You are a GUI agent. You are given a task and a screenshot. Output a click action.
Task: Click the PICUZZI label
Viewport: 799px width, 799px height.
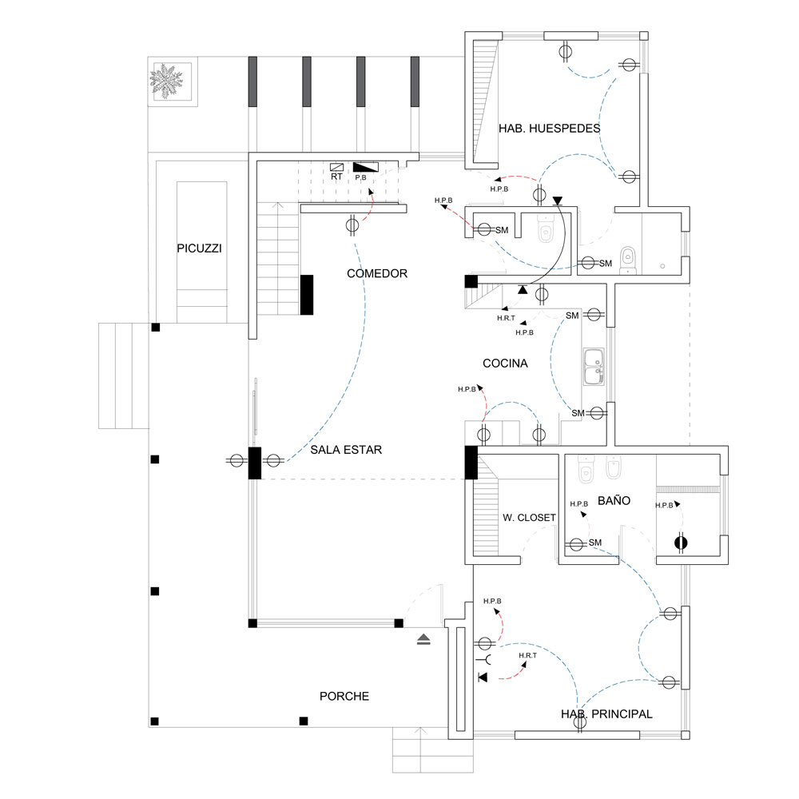(x=199, y=248)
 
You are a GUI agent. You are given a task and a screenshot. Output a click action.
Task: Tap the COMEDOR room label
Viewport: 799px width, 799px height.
(x=377, y=273)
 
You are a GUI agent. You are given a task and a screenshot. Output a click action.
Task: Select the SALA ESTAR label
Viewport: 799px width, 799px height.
(x=346, y=450)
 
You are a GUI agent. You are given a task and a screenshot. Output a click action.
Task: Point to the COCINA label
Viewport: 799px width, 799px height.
(x=505, y=364)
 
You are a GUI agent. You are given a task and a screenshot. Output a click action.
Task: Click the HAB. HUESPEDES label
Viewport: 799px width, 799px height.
(x=550, y=128)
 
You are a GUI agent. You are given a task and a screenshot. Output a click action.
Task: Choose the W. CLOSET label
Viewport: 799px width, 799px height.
(x=529, y=518)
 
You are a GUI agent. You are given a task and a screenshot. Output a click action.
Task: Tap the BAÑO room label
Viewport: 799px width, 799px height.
(x=613, y=501)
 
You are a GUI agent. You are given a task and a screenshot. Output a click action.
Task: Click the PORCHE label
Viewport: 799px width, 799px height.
(x=344, y=696)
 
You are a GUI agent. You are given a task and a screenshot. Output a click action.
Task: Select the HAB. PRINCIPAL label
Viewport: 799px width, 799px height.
(x=606, y=714)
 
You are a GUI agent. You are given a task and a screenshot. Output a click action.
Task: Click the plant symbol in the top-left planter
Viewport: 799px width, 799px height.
(x=167, y=80)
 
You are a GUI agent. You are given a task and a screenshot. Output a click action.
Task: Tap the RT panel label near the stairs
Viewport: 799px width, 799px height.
(x=336, y=177)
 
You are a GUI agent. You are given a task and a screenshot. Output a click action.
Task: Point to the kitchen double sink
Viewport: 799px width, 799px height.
(x=593, y=366)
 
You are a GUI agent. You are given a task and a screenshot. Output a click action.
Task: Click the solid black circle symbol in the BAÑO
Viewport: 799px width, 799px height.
(x=680, y=543)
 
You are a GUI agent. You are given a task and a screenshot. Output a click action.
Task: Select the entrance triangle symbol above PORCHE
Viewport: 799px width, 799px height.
(x=423, y=638)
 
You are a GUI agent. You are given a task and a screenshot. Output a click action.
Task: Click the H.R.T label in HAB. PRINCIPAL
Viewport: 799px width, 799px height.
(x=527, y=655)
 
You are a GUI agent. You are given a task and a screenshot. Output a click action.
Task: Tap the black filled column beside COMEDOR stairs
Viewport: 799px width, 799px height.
(x=307, y=294)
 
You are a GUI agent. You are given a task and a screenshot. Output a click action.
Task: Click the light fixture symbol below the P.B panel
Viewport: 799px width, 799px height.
(x=352, y=225)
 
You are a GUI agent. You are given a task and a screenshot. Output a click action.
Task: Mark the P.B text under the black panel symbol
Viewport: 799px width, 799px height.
(x=360, y=177)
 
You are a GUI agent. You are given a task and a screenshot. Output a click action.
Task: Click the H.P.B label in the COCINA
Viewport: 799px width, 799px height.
(x=467, y=389)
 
